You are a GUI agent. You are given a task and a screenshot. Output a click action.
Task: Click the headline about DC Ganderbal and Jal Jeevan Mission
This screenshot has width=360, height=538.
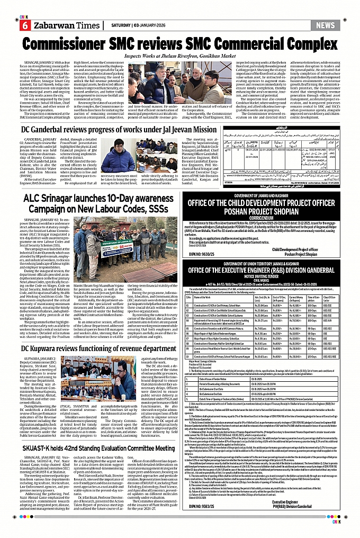119,129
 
